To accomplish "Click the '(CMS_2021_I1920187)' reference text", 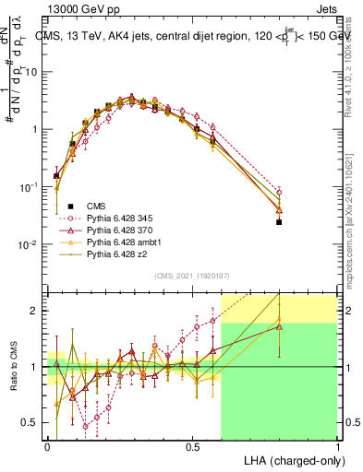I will (192, 275).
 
